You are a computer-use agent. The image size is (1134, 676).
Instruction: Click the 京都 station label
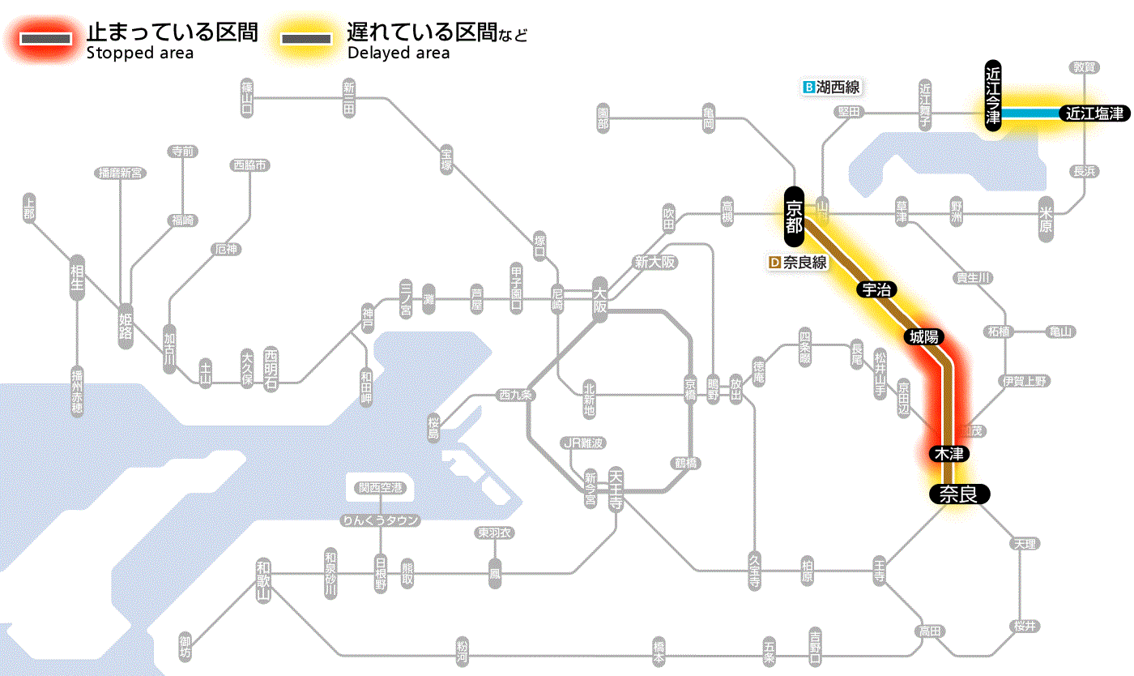click(794, 216)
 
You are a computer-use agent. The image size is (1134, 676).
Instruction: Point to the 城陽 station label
click(924, 336)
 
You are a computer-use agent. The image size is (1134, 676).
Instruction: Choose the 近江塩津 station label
click(1094, 113)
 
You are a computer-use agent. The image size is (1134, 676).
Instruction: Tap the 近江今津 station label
click(993, 95)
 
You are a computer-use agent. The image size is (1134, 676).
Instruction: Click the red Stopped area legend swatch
click(49, 39)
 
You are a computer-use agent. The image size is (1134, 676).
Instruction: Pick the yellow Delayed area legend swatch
click(305, 39)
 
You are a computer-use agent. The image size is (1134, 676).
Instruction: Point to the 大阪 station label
click(599, 299)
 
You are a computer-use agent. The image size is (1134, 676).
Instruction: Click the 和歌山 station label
click(263, 580)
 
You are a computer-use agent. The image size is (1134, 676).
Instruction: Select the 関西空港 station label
click(381, 488)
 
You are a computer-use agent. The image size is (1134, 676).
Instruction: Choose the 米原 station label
click(1046, 218)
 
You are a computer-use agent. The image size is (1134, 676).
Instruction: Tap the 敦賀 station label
click(1085, 67)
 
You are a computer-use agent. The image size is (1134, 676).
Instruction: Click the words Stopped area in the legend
click(140, 53)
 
